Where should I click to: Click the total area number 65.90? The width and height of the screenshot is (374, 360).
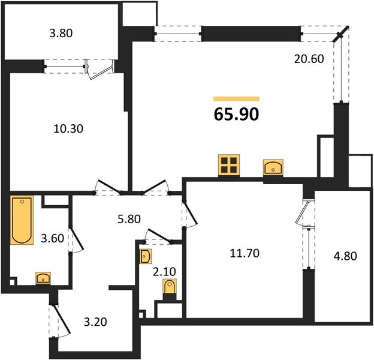coord(236,115)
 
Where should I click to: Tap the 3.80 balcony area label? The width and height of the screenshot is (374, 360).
coord(61,33)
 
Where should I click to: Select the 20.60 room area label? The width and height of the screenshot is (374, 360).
coord(309,59)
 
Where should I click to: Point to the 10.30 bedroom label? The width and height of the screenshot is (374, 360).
coord(68,129)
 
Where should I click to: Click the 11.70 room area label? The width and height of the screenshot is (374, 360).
coord(245,253)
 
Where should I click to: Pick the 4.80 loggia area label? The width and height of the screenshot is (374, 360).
coord(345,256)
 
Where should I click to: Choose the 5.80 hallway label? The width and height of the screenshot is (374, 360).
coord(129,219)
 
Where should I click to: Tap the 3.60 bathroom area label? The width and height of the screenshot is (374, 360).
coord(53,238)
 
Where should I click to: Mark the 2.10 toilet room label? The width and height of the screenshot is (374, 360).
coord(164,271)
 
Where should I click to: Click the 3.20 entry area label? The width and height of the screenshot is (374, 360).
coord(95,322)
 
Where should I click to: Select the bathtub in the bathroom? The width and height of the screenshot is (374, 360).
coord(22,220)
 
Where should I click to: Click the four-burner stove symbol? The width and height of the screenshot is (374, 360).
coord(229,166)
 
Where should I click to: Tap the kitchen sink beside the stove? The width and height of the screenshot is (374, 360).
coord(273,168)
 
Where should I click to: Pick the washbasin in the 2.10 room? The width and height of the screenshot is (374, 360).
coord(146,256)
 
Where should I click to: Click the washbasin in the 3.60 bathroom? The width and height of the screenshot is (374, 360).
coord(43,278)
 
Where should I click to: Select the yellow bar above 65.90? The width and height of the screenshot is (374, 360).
coord(236,99)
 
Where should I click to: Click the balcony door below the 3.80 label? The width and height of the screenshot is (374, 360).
coord(100,69)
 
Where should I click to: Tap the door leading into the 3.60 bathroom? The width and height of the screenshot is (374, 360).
coord(76,239)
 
